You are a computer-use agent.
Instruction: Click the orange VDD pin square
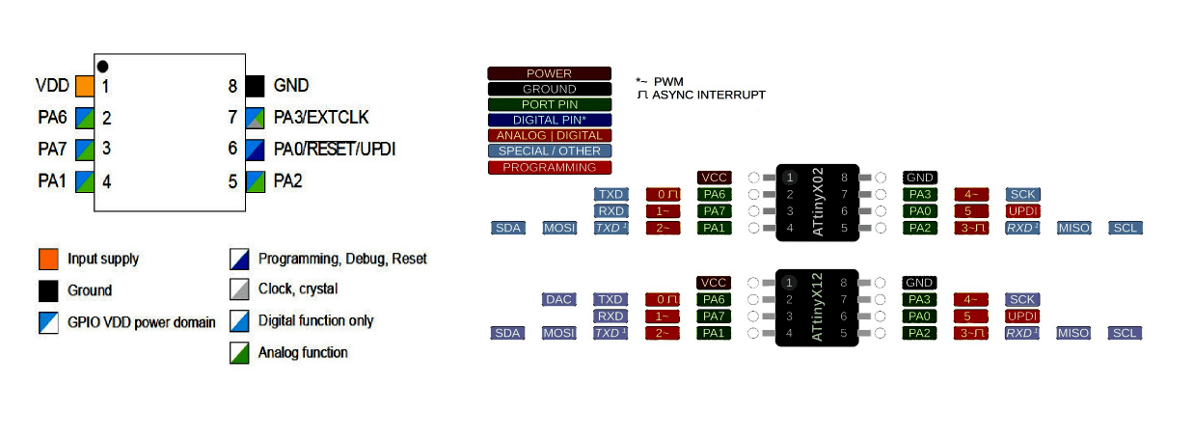(x=84, y=86)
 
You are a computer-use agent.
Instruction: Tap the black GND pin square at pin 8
(x=255, y=86)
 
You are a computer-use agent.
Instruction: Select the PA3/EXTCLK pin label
(x=320, y=118)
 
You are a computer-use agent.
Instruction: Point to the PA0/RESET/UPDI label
(x=334, y=150)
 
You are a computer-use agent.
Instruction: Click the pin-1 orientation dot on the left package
(x=102, y=66)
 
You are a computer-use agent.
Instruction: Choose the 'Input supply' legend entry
(x=102, y=259)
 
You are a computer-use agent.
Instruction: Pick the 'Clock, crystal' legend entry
(x=297, y=289)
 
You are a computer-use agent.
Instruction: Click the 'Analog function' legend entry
(x=302, y=352)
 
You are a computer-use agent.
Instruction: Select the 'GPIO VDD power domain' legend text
(x=141, y=322)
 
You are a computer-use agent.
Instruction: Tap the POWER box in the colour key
(x=549, y=73)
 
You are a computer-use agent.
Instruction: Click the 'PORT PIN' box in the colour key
(x=549, y=104)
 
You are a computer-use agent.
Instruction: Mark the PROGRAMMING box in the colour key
(x=549, y=167)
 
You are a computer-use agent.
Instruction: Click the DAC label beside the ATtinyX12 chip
(x=559, y=300)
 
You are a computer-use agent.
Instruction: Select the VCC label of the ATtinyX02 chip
(x=714, y=178)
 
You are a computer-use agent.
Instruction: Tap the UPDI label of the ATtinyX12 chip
(x=1022, y=316)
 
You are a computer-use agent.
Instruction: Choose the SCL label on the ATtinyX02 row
(x=1125, y=228)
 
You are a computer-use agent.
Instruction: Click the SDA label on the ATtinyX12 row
(x=507, y=333)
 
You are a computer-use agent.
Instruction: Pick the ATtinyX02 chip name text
(x=819, y=203)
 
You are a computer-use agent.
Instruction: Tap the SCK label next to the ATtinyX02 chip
(x=1022, y=195)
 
